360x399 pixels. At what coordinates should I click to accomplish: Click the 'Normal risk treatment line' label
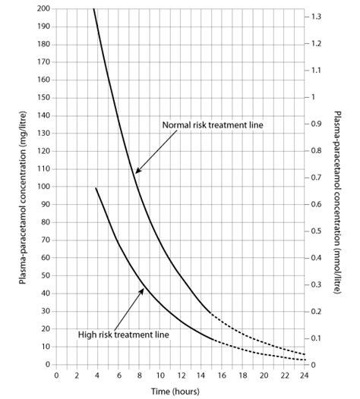tap(212, 125)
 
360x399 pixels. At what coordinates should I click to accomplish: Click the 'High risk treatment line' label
tap(123, 333)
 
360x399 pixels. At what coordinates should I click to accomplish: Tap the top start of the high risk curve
tap(96, 187)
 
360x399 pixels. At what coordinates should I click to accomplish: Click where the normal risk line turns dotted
tap(210, 313)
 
